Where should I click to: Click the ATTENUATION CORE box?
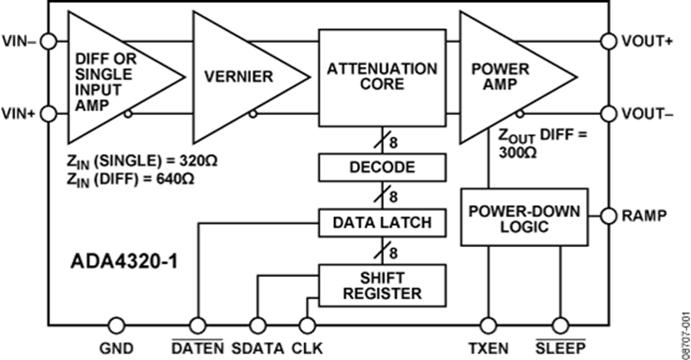pyautogui.click(x=382, y=77)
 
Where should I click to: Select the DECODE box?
pyautogui.click(x=382, y=167)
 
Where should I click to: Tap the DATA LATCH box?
pyautogui.click(x=382, y=223)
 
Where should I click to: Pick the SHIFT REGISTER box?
pyautogui.click(x=382, y=285)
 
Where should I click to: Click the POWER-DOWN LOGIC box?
pyautogui.click(x=524, y=220)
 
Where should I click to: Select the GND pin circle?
pyautogui.click(x=117, y=325)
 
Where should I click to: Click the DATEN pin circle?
pyautogui.click(x=197, y=325)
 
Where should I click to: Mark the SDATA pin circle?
pyautogui.click(x=256, y=325)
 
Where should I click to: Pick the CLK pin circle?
pyautogui.click(x=306, y=325)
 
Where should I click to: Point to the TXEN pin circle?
pyautogui.click(x=488, y=325)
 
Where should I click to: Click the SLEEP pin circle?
pyautogui.click(x=560, y=325)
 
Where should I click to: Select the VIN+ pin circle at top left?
pyautogui.click(x=48, y=41)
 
